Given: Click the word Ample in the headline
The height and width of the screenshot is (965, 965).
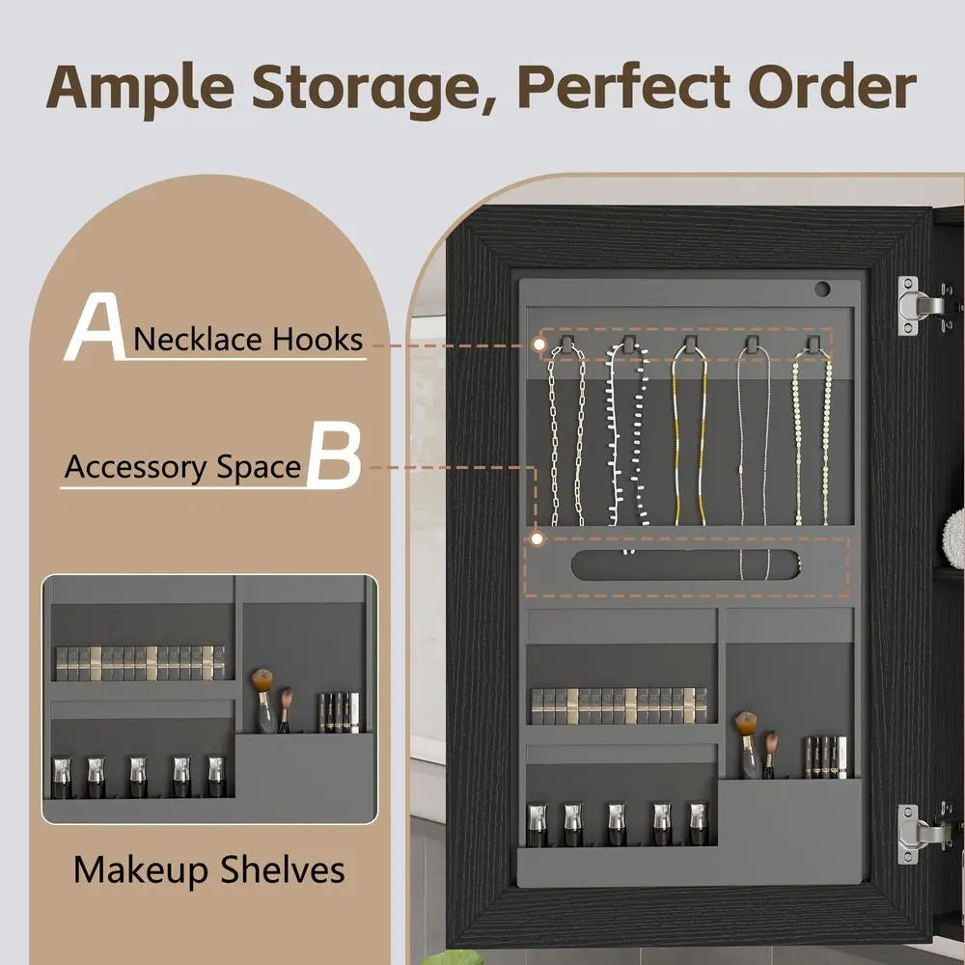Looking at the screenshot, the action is pos(140,88).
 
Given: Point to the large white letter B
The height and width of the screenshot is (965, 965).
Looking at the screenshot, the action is pos(334,455).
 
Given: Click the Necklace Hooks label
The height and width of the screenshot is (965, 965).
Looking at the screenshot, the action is pos(248,339).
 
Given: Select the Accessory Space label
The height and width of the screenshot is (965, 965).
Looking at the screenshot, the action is pos(182,467).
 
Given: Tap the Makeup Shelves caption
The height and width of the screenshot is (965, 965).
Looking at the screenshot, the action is pos(209,869).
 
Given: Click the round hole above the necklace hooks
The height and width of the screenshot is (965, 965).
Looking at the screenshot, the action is pos(822,289).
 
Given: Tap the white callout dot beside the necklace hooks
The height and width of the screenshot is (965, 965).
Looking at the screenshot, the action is pos(539,345).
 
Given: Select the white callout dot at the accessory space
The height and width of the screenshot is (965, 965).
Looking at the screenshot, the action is pos(538,539).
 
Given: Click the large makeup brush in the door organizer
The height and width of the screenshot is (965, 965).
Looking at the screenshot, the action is pos(747,745).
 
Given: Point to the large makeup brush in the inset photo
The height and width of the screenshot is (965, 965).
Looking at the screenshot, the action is pos(264,701).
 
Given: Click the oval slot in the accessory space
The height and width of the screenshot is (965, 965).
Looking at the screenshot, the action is pos(685,565).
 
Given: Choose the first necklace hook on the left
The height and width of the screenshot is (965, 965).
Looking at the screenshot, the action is pos(566,345).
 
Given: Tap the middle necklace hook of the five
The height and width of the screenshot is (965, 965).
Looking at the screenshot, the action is pos(691,345).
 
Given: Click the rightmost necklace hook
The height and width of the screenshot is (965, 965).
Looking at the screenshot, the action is pos(813,345).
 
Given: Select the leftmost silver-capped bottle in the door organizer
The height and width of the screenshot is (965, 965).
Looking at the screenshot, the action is pos(537,824).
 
